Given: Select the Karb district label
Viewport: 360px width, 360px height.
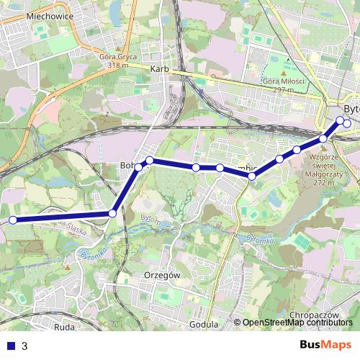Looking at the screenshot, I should tap(159, 70).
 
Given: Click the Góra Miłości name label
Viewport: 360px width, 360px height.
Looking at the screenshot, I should tap(285, 81).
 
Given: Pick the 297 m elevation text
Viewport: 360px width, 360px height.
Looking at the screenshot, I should tap(285, 89).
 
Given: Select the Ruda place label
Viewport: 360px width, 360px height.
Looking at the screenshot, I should tap(64, 326).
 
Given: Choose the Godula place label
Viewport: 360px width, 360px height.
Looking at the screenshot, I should tap(203, 325).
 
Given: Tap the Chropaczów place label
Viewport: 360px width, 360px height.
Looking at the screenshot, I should tap(312, 315).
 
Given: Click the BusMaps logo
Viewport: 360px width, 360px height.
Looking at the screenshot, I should tap(325, 345).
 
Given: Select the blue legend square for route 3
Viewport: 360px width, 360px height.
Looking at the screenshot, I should tap(11, 346).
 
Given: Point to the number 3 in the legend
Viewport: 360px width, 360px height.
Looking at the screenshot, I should tap(24, 346).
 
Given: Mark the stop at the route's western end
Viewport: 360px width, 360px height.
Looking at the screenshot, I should tap(12, 220).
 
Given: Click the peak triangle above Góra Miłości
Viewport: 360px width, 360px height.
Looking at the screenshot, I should tap(285, 73).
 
